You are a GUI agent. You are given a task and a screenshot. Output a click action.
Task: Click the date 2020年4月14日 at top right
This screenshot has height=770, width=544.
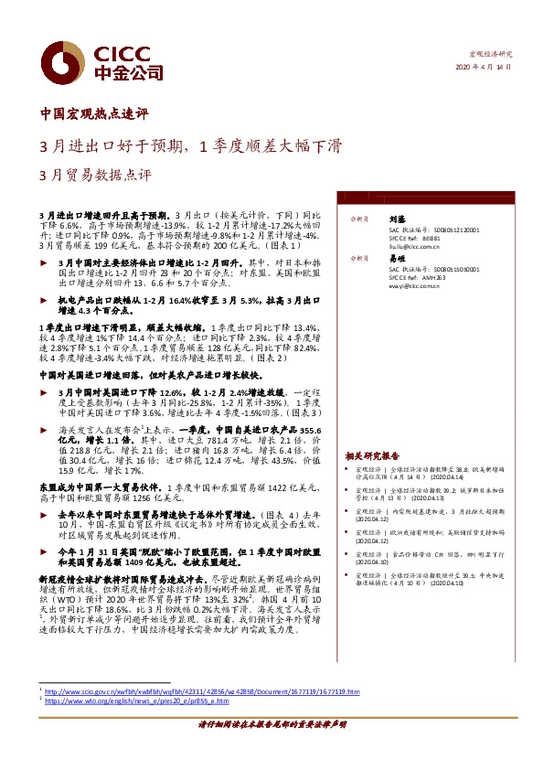click(x=484, y=70)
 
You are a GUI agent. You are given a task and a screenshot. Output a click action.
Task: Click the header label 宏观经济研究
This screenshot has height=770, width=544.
click(x=491, y=56)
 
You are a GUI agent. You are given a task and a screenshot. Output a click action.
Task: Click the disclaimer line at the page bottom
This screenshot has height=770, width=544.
click(x=272, y=749)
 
